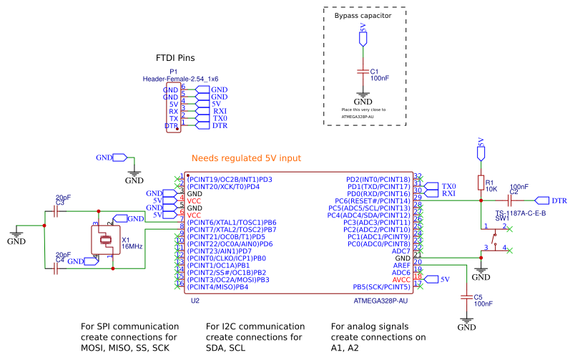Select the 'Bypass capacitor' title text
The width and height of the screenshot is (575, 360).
364,14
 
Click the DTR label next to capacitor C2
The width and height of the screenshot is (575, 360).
559,201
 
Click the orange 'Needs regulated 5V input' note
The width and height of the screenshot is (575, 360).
247,158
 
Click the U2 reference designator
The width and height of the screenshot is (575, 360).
195,301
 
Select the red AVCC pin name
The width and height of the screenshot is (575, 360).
401,279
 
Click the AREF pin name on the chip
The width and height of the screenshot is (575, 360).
401,265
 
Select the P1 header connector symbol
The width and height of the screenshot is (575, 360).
172,107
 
